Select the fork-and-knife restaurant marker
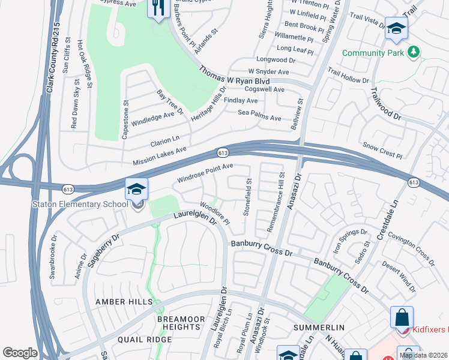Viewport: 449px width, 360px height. coord(158,8)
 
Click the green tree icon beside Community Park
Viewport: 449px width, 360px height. coord(413,53)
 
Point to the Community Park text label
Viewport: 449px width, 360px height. coord(372,53)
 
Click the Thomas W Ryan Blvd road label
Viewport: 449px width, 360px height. coord(234,76)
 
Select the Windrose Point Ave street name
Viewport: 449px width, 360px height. coord(205,173)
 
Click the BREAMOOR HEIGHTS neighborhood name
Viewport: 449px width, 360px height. coord(178,323)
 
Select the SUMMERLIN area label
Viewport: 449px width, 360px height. coord(319,328)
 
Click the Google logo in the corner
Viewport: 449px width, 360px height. coord(20,353)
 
